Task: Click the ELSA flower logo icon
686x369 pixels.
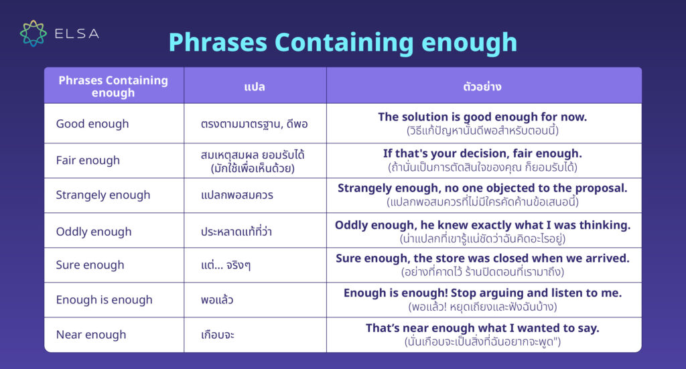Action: pyautogui.click(x=33, y=33)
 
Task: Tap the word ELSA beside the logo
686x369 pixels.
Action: pyautogui.click(x=77, y=33)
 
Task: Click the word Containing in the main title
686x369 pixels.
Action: pyautogui.click(x=344, y=43)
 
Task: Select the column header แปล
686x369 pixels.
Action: pyautogui.click(x=255, y=86)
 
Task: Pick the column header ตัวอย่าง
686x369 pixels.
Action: pyautogui.click(x=482, y=86)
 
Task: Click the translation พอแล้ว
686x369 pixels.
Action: pyautogui.click(x=217, y=300)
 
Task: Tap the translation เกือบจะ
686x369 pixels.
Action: pyautogui.click(x=218, y=335)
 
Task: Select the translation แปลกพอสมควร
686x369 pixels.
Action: pyautogui.click(x=236, y=195)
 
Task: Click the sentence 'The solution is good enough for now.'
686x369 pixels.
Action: pyautogui.click(x=482, y=117)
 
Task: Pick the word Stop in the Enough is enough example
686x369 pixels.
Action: pyautogui.click(x=462, y=293)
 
